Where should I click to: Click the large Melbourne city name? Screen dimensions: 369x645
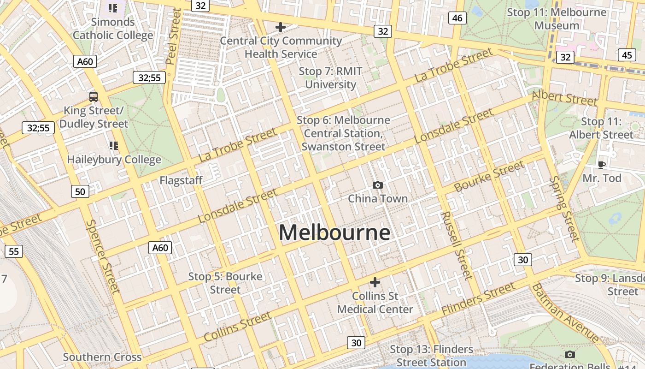pos(334,232)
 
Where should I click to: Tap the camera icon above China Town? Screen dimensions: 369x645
pos(378,185)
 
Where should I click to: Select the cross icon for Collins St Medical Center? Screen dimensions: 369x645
pos(375,282)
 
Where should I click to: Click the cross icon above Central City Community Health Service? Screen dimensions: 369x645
pos(280,27)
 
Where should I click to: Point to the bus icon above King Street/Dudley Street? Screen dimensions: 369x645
pos(94,97)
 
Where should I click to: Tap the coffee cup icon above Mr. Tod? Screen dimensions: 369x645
pos(601,165)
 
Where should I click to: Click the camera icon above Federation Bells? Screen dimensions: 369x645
pos(570,354)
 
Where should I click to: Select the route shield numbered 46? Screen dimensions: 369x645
pos(457,18)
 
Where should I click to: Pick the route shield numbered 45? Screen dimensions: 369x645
pos(627,55)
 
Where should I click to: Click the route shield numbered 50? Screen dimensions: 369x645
pos(80,191)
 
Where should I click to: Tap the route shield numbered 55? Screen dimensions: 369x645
pos(14,251)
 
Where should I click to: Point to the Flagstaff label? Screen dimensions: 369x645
pos(181,180)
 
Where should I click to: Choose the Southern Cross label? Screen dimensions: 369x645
pos(102,357)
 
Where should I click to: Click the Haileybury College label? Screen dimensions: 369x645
pos(114,160)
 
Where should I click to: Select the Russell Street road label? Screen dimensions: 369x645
pos(457,245)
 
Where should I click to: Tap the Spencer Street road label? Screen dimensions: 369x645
pos(103,256)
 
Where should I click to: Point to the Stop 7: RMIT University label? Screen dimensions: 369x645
pos(331,78)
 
